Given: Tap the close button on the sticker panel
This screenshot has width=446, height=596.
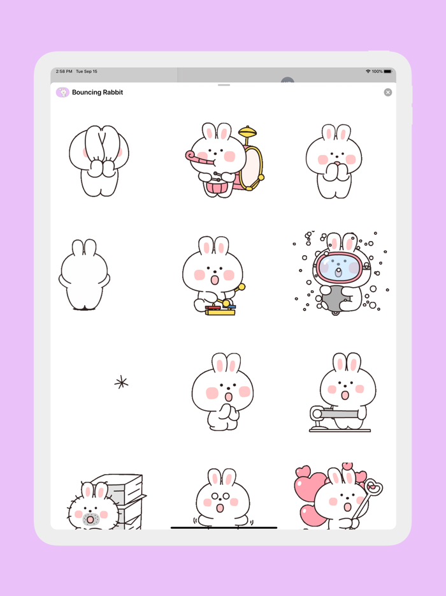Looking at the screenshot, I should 387,93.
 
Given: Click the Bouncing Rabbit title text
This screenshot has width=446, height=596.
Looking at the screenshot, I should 97,93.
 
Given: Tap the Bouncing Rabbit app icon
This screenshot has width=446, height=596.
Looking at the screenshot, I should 62,93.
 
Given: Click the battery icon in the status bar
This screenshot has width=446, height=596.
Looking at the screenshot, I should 388,71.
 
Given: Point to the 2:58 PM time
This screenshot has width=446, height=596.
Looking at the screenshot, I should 64,71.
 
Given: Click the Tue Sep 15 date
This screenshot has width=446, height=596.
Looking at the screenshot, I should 87,71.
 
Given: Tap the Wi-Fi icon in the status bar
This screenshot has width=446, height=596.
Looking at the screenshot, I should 368,71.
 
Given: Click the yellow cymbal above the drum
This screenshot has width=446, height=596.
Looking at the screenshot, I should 248,133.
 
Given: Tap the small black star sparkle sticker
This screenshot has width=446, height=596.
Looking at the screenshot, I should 121,383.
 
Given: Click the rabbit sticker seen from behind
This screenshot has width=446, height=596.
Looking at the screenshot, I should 84,276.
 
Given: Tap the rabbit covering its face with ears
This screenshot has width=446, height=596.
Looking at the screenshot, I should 99,160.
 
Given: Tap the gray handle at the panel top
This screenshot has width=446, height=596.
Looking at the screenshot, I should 224,85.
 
